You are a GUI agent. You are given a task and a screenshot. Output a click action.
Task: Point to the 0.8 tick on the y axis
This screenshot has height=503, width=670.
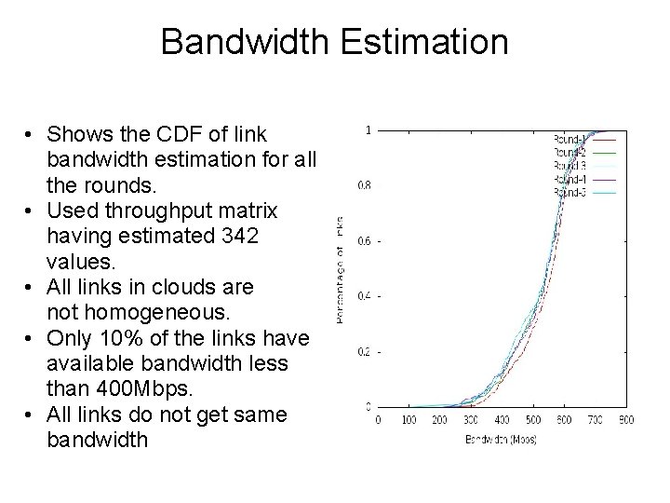click(364, 184)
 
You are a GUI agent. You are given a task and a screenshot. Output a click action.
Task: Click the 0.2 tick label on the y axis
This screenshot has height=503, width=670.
click(364, 351)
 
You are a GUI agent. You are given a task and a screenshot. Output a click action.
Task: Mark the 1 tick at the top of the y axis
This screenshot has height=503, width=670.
click(369, 129)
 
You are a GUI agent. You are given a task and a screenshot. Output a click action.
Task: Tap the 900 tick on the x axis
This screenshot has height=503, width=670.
click(625, 420)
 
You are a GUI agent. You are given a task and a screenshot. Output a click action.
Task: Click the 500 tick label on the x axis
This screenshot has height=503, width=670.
click(532, 420)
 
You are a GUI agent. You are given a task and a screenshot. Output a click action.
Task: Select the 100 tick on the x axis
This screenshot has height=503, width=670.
click(408, 420)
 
